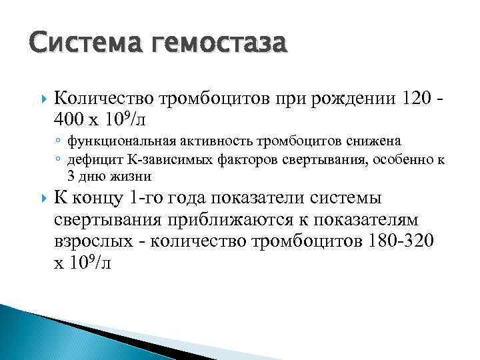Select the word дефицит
click(x=91, y=159)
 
